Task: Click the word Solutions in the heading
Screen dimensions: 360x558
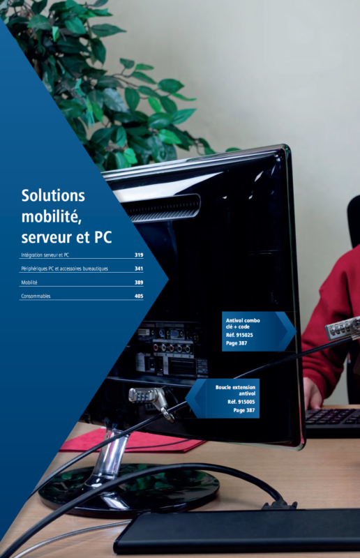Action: pyautogui.click(x=53, y=195)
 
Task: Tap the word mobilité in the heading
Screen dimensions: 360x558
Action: pyautogui.click(x=51, y=216)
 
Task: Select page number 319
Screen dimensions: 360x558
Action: pyautogui.click(x=139, y=255)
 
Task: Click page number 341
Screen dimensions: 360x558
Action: pyautogui.click(x=139, y=269)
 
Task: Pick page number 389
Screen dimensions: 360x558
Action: pyautogui.click(x=139, y=282)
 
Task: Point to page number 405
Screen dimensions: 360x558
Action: pyautogui.click(x=139, y=296)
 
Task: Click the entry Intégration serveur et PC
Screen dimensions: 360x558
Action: pyautogui.click(x=45, y=255)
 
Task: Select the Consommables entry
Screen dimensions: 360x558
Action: pyautogui.click(x=36, y=296)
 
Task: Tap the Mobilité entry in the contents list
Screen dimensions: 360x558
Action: pyautogui.click(x=29, y=282)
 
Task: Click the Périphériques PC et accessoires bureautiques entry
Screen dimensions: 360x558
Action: pyautogui.click(x=64, y=269)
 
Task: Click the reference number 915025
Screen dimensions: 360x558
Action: pyautogui.click(x=245, y=335)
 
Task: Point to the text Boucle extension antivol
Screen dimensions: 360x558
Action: pyautogui.click(x=235, y=390)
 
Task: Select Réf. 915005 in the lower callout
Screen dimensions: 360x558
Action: pyautogui.click(x=241, y=402)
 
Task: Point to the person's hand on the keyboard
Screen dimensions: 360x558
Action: pyautogui.click(x=312, y=393)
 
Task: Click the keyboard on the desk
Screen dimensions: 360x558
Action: pyautogui.click(x=333, y=423)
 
